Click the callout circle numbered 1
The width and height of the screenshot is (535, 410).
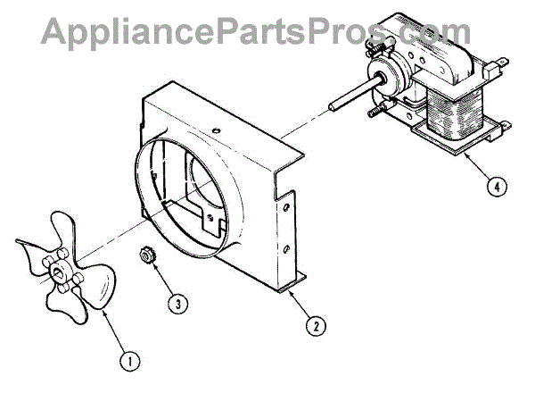click(x=130, y=361)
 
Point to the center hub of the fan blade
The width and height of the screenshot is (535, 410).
click(x=61, y=268)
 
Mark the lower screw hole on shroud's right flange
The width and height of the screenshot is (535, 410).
click(x=286, y=247)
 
